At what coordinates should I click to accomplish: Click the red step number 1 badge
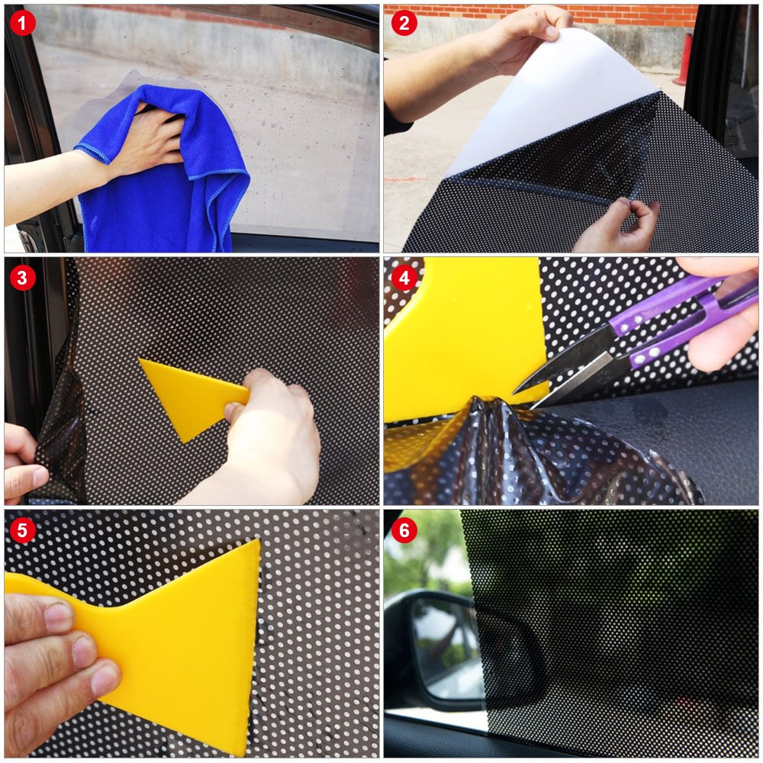23,24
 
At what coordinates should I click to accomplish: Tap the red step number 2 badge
404,24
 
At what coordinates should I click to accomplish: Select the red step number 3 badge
23,278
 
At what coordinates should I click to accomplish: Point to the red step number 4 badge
404,278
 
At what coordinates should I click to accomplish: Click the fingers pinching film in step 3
23,462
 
